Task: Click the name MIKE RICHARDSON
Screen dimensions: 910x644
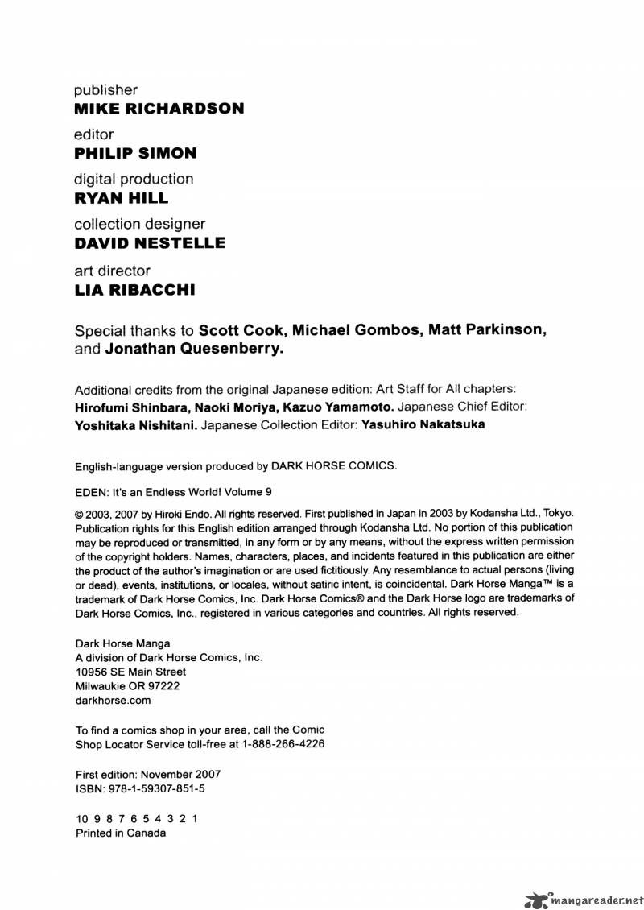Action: (x=159, y=109)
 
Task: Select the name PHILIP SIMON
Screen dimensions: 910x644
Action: (x=135, y=153)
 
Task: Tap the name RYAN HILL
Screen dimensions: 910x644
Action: (x=122, y=198)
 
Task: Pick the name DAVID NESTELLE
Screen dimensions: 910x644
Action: (x=150, y=243)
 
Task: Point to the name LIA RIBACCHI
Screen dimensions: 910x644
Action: (x=134, y=289)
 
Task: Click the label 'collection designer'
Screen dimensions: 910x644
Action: (x=139, y=224)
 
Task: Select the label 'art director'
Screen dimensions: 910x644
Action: (x=112, y=271)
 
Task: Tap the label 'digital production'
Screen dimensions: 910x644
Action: (x=134, y=179)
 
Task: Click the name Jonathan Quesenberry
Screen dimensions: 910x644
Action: (x=194, y=350)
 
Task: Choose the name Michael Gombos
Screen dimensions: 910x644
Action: (x=354, y=330)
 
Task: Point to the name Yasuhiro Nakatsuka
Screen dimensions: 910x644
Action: (x=423, y=424)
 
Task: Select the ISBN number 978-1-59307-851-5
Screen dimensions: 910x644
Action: (x=148, y=790)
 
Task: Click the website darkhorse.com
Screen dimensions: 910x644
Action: (x=113, y=701)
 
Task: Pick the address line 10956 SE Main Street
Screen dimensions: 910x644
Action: (x=130, y=672)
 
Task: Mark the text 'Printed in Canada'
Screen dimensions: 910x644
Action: (x=121, y=833)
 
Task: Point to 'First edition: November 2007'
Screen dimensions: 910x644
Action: (x=148, y=775)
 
